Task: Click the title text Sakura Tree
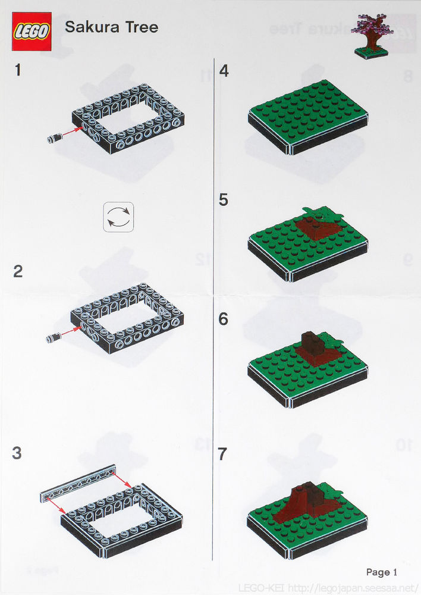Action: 111,27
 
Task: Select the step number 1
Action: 18,70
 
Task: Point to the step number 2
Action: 18,271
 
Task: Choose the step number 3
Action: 17,453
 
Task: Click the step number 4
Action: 224,71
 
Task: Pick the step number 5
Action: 224,200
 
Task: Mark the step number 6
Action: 224,319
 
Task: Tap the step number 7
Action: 224,454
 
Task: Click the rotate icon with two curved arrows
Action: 118,216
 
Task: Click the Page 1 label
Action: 381,572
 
